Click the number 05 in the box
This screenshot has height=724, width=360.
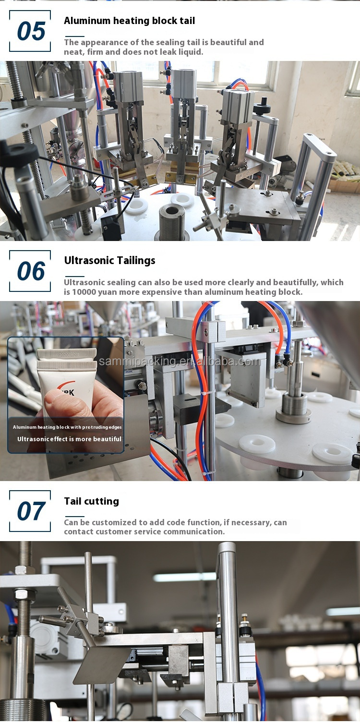click(31, 31)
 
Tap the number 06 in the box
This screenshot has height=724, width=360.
click(31, 271)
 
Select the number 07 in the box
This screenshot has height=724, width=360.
click(31, 511)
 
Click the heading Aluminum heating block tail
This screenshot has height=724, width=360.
click(129, 21)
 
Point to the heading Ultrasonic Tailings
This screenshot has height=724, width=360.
click(109, 261)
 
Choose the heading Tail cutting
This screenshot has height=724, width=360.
click(92, 501)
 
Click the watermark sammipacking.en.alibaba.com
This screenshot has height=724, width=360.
click(180, 362)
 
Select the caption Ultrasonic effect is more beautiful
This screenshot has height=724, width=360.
click(69, 439)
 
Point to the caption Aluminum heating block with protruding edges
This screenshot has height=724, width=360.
click(67, 427)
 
